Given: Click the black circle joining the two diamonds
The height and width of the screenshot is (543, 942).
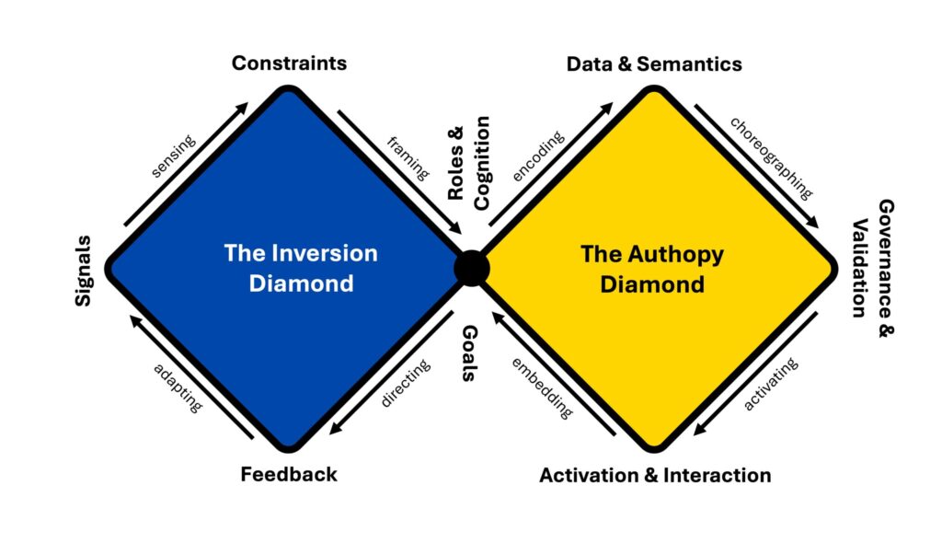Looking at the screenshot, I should click(472, 268).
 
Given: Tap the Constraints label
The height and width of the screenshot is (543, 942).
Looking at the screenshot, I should click(289, 64).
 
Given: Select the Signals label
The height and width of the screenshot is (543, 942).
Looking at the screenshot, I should click(85, 270).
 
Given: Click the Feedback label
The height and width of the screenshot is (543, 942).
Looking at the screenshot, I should click(289, 475).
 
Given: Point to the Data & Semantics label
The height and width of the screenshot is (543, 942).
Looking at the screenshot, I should click(654, 64).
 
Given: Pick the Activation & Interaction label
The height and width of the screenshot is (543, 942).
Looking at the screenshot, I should click(655, 476).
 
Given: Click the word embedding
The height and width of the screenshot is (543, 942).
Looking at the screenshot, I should click(540, 387).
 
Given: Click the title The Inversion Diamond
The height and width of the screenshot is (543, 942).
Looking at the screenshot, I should click(289, 268).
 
